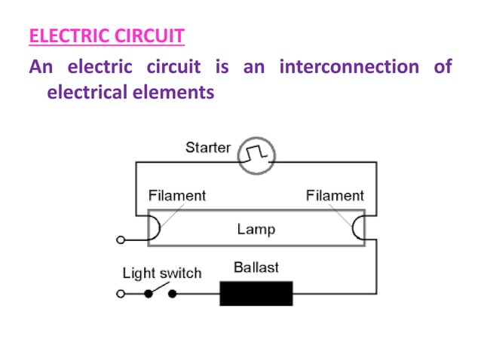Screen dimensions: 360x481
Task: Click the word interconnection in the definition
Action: click(348, 67)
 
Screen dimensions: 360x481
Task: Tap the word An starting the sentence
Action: click(41, 67)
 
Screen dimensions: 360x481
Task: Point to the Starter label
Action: click(207, 147)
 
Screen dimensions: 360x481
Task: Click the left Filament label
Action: click(176, 195)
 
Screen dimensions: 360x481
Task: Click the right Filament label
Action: click(335, 195)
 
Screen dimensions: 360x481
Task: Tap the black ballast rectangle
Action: click(256, 292)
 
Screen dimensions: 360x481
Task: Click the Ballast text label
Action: click(256, 267)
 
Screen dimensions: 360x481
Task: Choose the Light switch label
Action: click(162, 273)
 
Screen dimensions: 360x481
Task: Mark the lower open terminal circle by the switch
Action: click(120, 293)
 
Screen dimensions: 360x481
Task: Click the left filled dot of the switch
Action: click(149, 293)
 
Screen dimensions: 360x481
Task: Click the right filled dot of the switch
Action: click(172, 293)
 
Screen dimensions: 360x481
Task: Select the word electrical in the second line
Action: click(89, 93)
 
